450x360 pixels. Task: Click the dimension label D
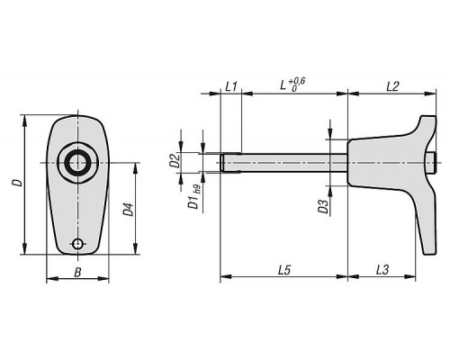click(x=19, y=183)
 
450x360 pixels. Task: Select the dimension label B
click(x=77, y=273)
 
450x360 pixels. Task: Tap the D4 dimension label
click(x=129, y=210)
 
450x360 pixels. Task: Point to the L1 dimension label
click(x=231, y=87)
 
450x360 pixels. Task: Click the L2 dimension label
click(x=392, y=86)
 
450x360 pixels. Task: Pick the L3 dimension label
click(x=382, y=270)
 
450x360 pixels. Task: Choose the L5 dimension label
click(x=284, y=270)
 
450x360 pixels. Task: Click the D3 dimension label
click(x=324, y=206)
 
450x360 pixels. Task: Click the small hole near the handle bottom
click(x=78, y=244)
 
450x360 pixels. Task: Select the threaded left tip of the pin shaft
click(x=222, y=163)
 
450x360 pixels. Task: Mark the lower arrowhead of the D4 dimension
click(x=136, y=248)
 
